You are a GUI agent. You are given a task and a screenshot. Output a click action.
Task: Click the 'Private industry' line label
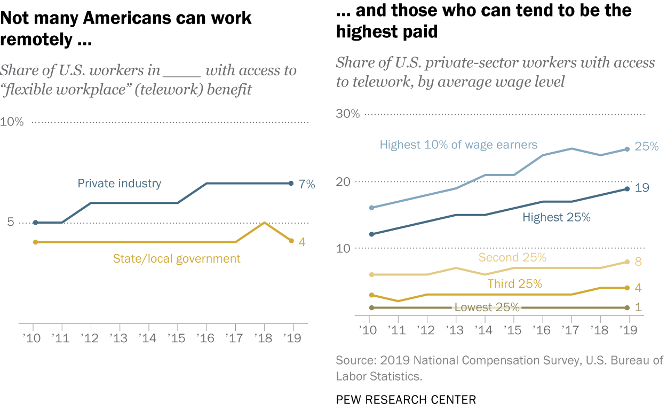coord(119,184)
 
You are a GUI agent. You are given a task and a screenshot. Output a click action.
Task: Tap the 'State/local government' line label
coord(177,259)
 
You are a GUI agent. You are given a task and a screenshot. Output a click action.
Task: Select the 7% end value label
coord(306,184)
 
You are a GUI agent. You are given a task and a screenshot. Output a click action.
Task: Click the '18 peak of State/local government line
coord(264,223)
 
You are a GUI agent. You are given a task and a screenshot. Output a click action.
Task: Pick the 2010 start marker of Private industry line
coord(35,223)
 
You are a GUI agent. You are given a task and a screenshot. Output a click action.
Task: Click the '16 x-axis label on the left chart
coord(206,337)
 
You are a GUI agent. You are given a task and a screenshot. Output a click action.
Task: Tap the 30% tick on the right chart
coord(348,114)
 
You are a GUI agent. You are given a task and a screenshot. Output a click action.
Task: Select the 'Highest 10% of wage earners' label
coord(458,145)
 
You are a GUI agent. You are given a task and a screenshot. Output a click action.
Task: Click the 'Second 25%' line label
coord(512,258)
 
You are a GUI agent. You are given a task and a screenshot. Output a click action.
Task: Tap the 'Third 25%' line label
coord(514,283)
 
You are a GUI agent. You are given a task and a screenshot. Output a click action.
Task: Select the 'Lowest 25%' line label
coord(487,307)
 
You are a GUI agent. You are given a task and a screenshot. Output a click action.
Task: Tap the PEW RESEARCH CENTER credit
coord(406,399)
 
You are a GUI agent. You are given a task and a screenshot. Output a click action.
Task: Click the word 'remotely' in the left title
coord(35,39)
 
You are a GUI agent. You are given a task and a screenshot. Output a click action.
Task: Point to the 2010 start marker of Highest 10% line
coord(371,208)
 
